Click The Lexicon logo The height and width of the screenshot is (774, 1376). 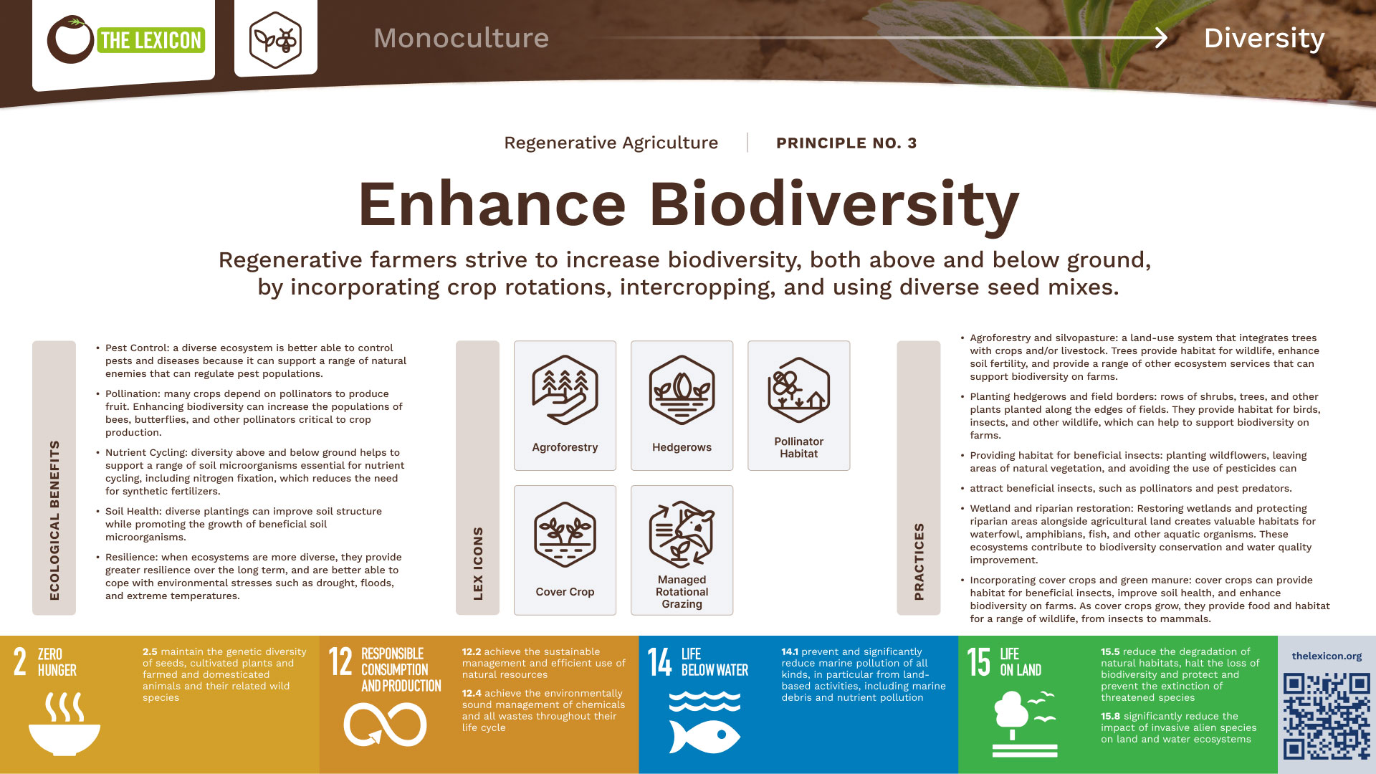pyautogui.click(x=125, y=39)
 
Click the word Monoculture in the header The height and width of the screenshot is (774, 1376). pyautogui.click(x=461, y=38)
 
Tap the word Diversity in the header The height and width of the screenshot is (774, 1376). pyautogui.click(x=1263, y=39)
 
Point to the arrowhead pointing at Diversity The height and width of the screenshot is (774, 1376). pyautogui.click(x=1160, y=38)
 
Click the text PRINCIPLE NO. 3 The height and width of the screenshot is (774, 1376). pyautogui.click(x=846, y=143)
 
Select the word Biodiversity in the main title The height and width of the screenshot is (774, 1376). pyautogui.click(x=834, y=205)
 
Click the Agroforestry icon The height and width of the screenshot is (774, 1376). pyautogui.click(x=565, y=391)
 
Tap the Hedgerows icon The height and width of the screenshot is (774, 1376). pyautogui.click(x=682, y=391)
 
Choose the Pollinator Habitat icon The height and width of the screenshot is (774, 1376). pyautogui.click(x=798, y=391)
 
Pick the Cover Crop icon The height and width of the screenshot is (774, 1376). pyautogui.click(x=565, y=535)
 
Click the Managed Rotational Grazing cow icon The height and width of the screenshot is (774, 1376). pyautogui.click(x=682, y=535)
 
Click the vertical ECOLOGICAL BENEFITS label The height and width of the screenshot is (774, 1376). pyautogui.click(x=54, y=520)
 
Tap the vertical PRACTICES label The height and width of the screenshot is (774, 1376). pyautogui.click(x=919, y=561)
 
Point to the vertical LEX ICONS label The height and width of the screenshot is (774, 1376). pyautogui.click(x=478, y=563)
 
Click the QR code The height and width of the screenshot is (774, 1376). pyautogui.click(x=1327, y=716)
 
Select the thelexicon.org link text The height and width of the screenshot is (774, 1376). pyautogui.click(x=1327, y=656)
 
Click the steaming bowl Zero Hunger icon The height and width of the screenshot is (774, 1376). pyautogui.click(x=64, y=724)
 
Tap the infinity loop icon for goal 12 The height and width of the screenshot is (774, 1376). pyautogui.click(x=385, y=725)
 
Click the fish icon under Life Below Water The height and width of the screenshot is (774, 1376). pyautogui.click(x=704, y=736)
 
